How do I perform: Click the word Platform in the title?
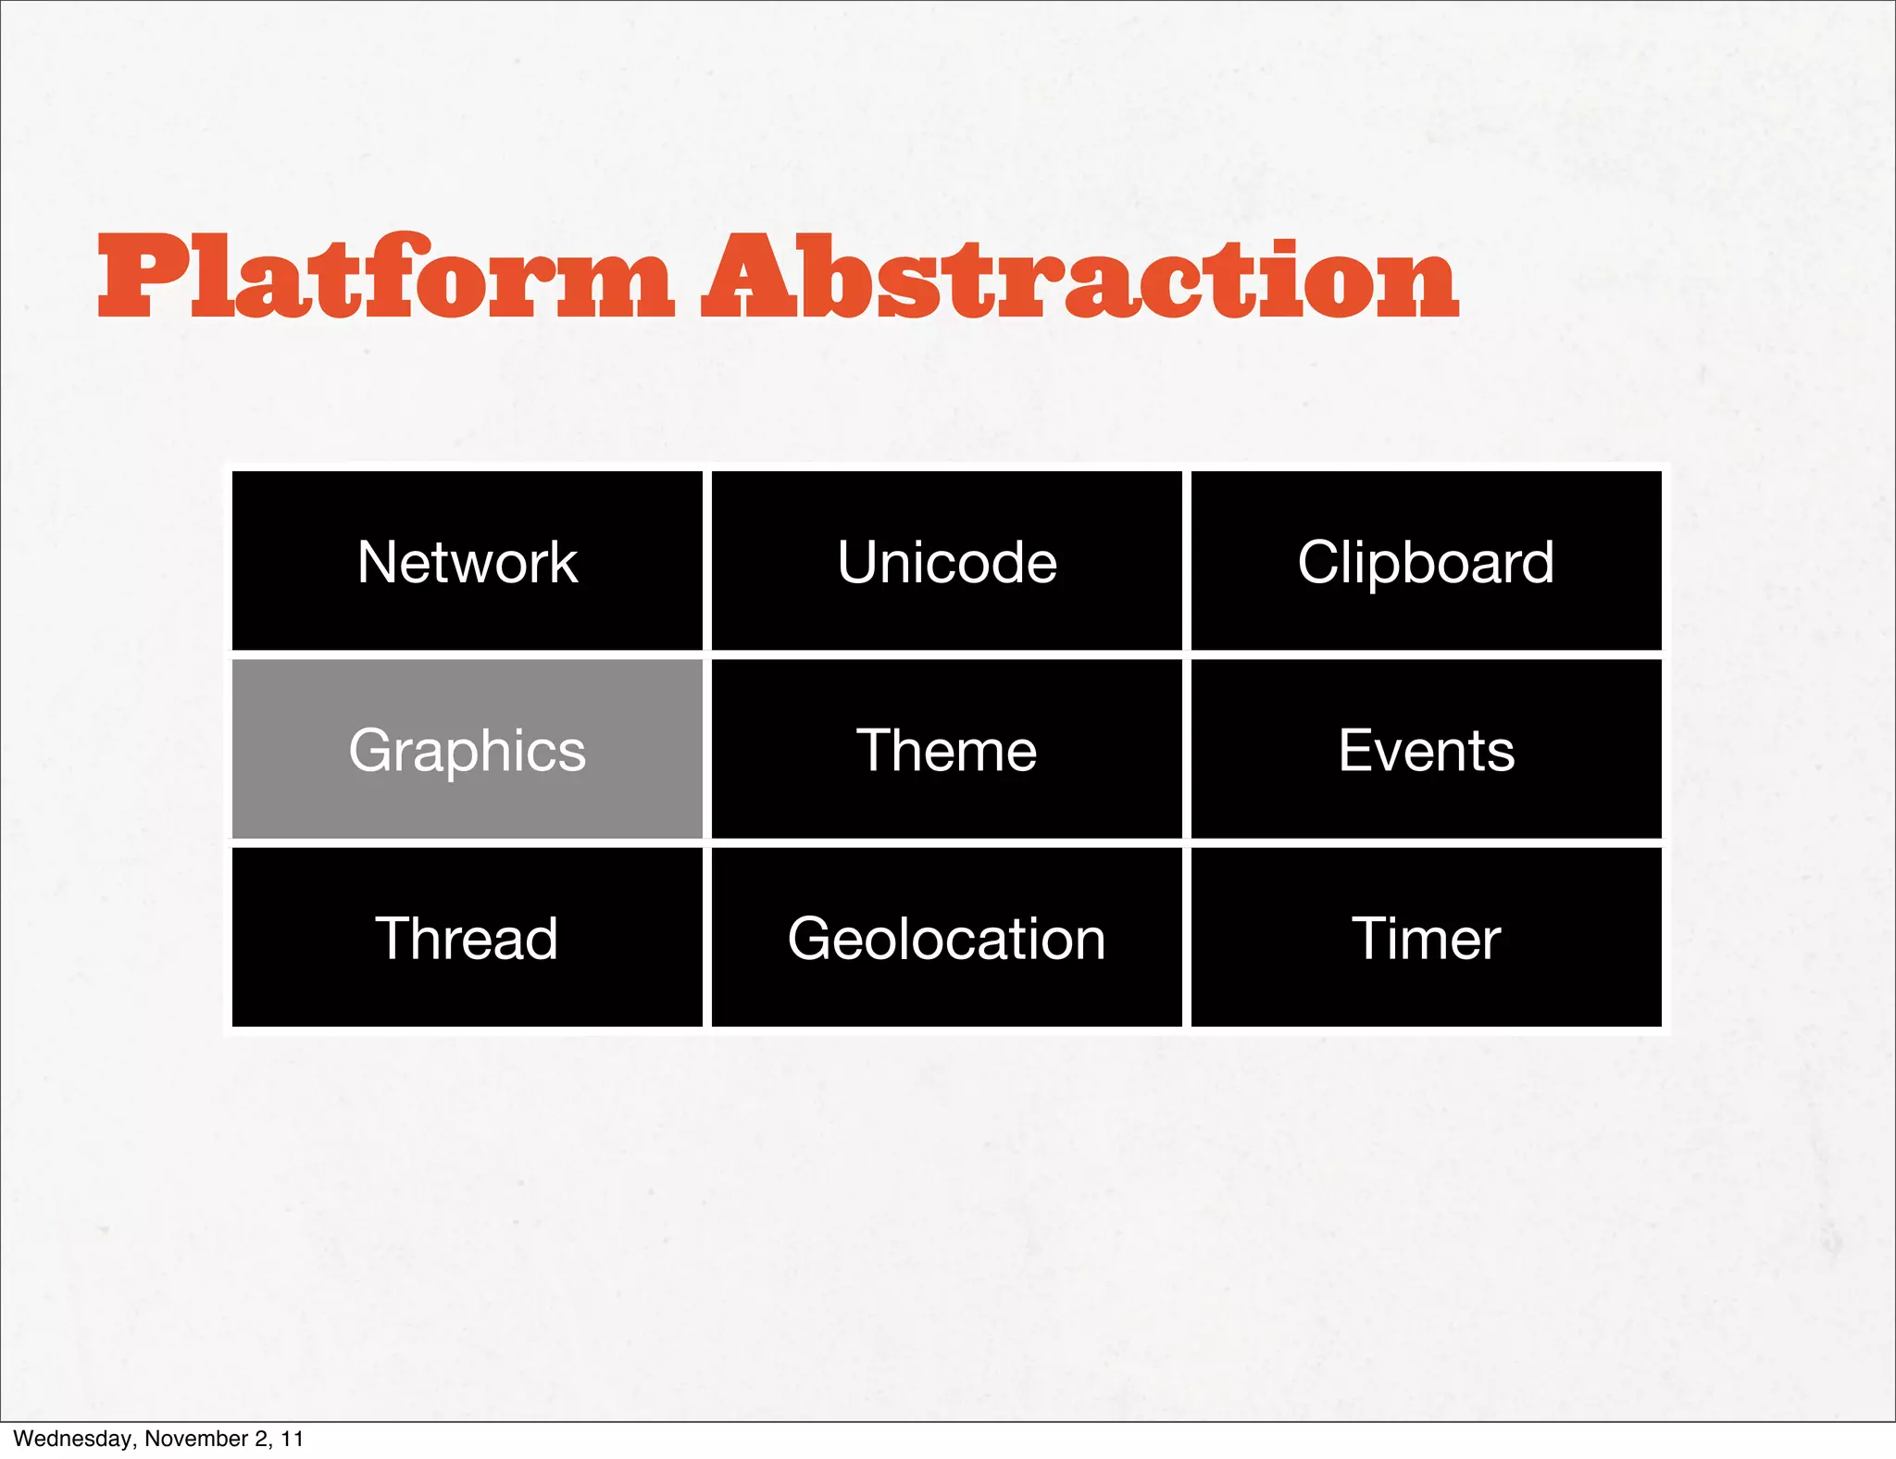point(384,278)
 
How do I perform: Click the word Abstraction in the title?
point(1079,278)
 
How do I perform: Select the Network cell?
point(467,561)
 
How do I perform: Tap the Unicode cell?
point(946,561)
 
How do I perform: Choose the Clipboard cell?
point(1426,561)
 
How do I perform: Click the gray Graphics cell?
point(467,749)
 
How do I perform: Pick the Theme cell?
point(946,749)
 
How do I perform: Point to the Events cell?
point(1426,749)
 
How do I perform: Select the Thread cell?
point(467,938)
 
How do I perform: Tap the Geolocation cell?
point(946,938)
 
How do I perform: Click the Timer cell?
point(1426,938)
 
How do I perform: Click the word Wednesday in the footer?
point(72,1439)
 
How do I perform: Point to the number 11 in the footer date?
point(293,1439)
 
